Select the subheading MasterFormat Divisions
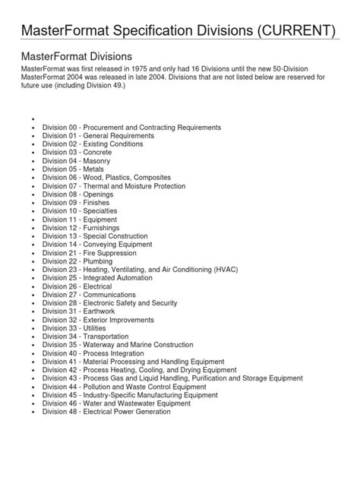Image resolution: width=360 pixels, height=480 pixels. [x=77, y=56]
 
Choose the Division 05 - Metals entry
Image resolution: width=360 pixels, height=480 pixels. [x=78, y=170]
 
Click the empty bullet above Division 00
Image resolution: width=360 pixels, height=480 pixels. [x=35, y=119]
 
